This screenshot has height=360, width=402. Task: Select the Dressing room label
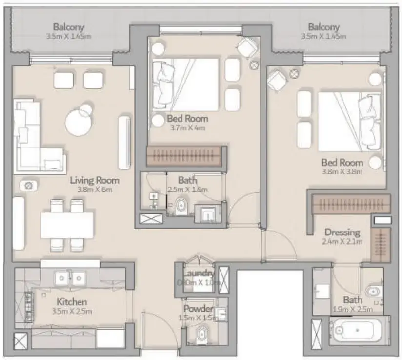[x=343, y=233]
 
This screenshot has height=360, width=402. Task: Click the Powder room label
[x=199, y=309]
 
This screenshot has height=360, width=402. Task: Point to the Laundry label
[x=199, y=273]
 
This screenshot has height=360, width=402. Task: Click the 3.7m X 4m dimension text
[x=187, y=128]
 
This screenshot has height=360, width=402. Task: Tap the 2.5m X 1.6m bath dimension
[x=188, y=190]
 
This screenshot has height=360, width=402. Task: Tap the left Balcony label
[x=69, y=27]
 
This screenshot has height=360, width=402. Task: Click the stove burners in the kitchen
[x=24, y=305]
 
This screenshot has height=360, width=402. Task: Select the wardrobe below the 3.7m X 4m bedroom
[x=185, y=156]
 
